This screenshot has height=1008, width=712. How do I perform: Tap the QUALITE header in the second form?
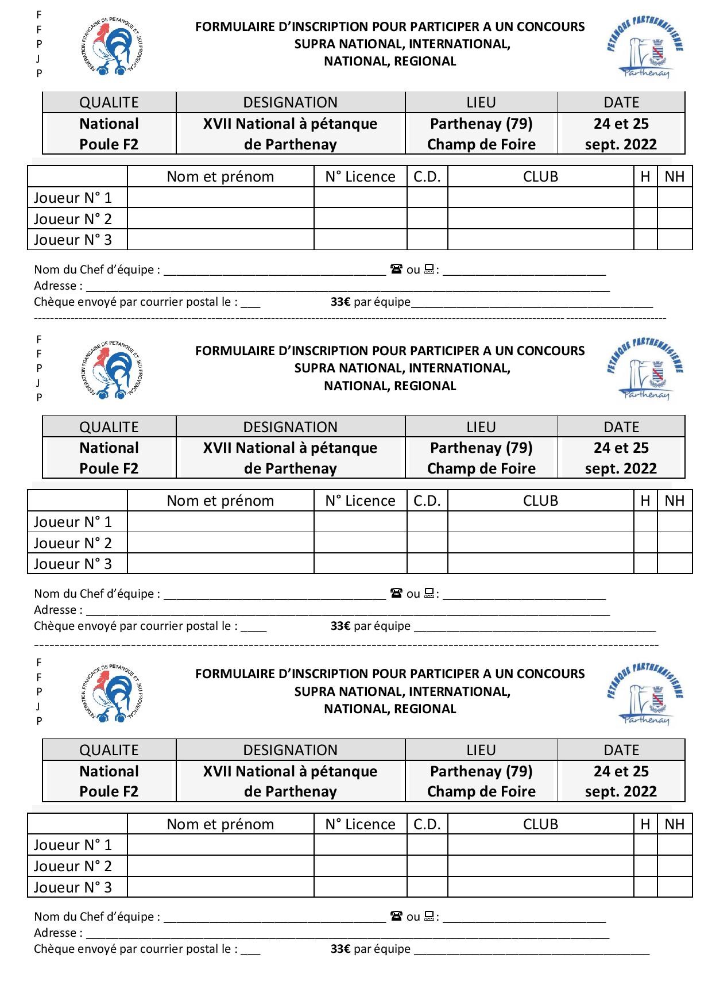pos(109,427)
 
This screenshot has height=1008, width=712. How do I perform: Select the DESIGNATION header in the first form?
pos(290,102)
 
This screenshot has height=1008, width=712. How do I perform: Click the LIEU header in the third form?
pos(481,750)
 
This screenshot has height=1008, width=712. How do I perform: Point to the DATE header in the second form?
pos(621,427)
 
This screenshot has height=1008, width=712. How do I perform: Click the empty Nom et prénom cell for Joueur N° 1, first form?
pos(220,198)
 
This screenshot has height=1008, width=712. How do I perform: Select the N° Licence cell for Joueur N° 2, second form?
pos(360,543)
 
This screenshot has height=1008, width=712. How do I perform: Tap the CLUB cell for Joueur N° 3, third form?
pos(540,887)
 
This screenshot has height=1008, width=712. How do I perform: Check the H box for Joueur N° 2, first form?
pos(645,218)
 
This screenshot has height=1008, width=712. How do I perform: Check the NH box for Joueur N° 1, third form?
pos(675,845)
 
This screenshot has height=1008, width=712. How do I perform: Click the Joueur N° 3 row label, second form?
pos(73,564)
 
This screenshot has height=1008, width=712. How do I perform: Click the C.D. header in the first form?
pos(427,176)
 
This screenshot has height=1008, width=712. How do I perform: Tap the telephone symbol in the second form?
pos(396,593)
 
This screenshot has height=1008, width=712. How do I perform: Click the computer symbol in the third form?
pos(429,916)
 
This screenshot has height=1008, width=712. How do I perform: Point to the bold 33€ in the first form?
pos(340,302)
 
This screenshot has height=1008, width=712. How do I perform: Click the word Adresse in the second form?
pos(55,610)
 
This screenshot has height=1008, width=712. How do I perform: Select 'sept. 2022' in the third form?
pos(621,791)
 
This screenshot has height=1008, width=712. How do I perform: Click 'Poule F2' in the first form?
pos(109,144)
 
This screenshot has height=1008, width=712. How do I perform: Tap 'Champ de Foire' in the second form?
pos(481,468)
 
